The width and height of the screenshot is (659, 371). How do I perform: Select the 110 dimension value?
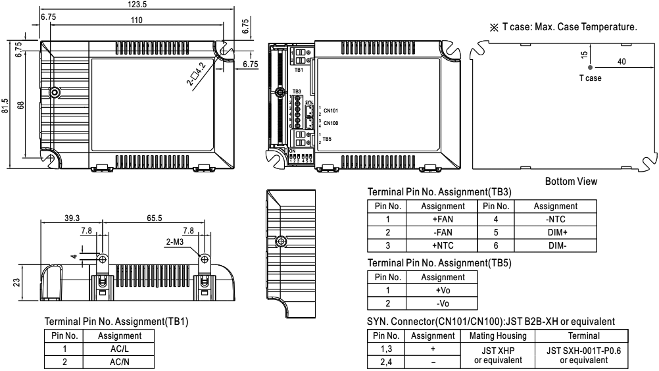click(x=136, y=21)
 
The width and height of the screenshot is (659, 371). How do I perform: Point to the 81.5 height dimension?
click(x=5, y=106)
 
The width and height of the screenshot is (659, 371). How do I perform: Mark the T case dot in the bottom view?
click(x=590, y=67)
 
